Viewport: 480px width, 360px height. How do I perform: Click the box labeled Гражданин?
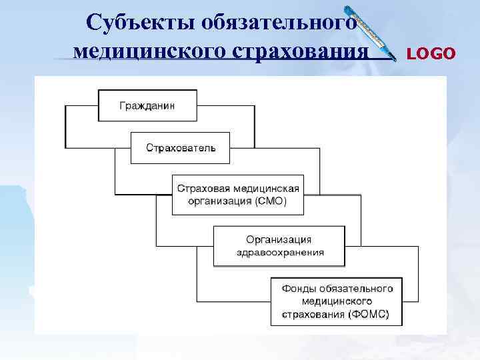point(147,105)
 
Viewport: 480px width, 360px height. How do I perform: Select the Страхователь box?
point(180,147)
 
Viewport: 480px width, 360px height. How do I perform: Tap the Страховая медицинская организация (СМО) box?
point(238,195)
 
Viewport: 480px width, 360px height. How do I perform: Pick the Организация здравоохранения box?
point(279,245)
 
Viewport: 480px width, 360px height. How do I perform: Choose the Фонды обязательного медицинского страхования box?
point(337,301)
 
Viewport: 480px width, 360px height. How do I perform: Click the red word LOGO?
point(431,53)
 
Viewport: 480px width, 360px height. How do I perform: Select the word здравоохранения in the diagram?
point(280,252)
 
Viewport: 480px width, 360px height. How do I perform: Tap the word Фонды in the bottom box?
point(296,289)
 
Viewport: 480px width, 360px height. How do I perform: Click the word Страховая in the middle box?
point(199,189)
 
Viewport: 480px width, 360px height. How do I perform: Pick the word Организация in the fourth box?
point(279,239)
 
